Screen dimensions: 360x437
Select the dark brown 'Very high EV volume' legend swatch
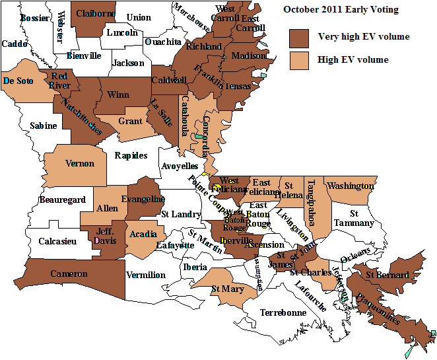300,38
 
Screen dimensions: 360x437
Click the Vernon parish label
79,163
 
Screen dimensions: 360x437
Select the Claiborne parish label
96,13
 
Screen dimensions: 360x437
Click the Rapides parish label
131,156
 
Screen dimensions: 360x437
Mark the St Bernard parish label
387,275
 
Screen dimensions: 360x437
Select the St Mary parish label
227,289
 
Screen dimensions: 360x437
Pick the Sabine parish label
44,126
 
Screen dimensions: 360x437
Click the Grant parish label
130,122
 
